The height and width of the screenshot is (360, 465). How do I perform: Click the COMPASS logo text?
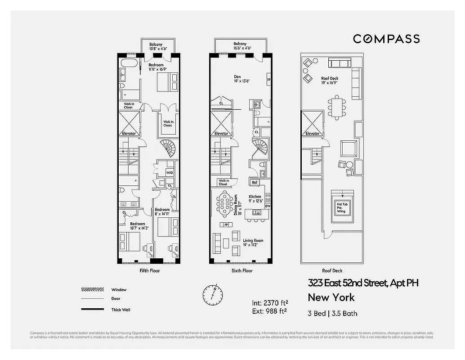point(386,39)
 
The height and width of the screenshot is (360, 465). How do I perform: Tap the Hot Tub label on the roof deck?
point(341,204)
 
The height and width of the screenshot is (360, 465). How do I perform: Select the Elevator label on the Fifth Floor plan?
point(129,134)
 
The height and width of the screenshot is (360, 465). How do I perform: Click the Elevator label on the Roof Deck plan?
point(312,134)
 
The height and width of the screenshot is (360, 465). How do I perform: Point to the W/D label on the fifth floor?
point(170,173)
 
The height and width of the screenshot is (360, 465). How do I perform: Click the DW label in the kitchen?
point(268,206)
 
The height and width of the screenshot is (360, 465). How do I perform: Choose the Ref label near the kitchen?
point(255,182)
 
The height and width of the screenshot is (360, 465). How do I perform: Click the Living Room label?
point(253,241)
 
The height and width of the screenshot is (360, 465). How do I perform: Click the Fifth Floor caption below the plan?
point(150,271)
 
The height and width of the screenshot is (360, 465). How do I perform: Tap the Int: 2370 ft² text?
point(270,302)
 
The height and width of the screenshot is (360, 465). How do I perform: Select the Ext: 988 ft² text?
point(269,310)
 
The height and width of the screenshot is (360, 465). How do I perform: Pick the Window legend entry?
point(119,290)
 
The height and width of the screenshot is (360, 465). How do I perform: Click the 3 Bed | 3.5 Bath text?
point(332,313)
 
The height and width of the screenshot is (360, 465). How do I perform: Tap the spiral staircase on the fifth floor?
point(169,148)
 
